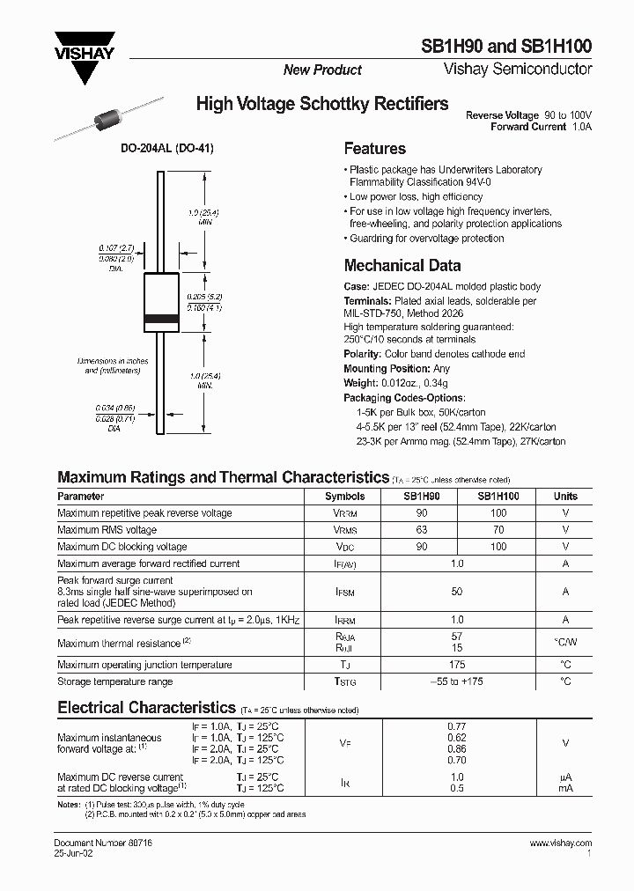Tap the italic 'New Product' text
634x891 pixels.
coord(322,70)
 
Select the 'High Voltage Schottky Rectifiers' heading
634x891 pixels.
coord(321,105)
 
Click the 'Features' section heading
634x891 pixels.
coord(374,149)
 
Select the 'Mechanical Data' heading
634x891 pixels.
coord(402,265)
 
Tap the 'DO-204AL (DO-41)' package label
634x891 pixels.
coord(167,150)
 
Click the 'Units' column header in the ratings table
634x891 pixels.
coord(565,497)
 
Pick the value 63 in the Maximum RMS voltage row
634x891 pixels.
coord(422,530)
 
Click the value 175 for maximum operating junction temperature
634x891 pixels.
coord(456,665)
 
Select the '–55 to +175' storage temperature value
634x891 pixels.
coord(456,681)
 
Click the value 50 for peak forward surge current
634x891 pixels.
coord(456,593)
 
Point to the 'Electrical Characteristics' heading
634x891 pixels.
coord(146,707)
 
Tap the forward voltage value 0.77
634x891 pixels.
coord(456,726)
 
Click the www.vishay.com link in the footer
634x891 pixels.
coord(561,843)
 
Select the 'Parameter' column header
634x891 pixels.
coord(80,497)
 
